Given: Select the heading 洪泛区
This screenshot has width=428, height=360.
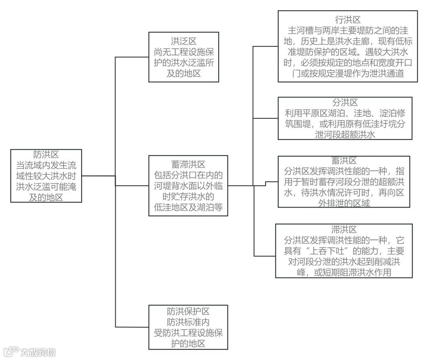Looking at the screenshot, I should click(x=184, y=41).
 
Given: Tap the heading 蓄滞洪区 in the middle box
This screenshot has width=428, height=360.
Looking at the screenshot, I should click(x=188, y=164).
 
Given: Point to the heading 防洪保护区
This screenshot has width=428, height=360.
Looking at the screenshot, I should click(x=188, y=312).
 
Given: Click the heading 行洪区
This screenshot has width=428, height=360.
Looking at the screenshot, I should click(x=347, y=20).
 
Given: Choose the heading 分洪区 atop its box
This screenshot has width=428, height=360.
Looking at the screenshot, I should click(x=345, y=103).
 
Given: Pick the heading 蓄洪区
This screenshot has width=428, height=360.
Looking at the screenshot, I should click(x=344, y=161).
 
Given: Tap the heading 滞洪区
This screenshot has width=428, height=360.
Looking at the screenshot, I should click(x=344, y=230).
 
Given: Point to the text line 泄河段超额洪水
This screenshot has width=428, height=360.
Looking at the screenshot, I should click(x=345, y=135).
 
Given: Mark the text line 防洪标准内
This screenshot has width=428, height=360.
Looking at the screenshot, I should click(x=188, y=322).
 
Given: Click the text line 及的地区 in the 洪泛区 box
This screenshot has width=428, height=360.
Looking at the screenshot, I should click(x=184, y=73).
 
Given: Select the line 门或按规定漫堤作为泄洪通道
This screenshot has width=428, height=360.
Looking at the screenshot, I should click(x=347, y=74).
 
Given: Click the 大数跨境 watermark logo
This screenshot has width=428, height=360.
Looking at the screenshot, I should click(x=30, y=352).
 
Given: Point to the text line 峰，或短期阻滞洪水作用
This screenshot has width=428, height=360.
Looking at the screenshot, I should click(x=344, y=273).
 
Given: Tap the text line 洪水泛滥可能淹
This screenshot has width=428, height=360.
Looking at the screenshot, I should click(x=46, y=187).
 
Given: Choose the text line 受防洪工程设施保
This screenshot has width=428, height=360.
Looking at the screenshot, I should click(x=188, y=333).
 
